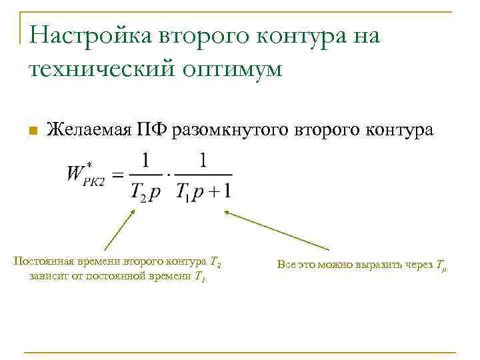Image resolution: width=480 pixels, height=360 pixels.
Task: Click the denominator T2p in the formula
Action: (x=145, y=192)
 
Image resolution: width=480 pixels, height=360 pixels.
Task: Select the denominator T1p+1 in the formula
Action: (x=203, y=192)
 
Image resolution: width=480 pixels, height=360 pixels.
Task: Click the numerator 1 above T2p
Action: (x=146, y=160)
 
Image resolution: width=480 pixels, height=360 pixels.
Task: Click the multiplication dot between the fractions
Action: (x=169, y=176)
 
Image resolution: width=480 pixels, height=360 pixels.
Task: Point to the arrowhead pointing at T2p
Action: (x=133, y=212)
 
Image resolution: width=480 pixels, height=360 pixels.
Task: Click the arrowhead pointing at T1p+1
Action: (x=227, y=213)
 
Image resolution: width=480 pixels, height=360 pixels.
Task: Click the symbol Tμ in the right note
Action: (x=442, y=265)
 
